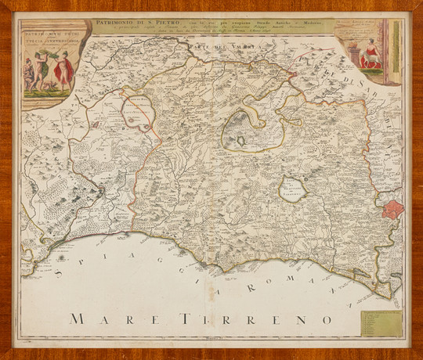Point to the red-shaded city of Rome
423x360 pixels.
coord(392,210)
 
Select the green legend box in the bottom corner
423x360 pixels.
coord(381,323)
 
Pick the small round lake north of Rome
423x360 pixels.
coord(292,189)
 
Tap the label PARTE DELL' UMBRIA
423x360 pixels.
coord(213,48)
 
